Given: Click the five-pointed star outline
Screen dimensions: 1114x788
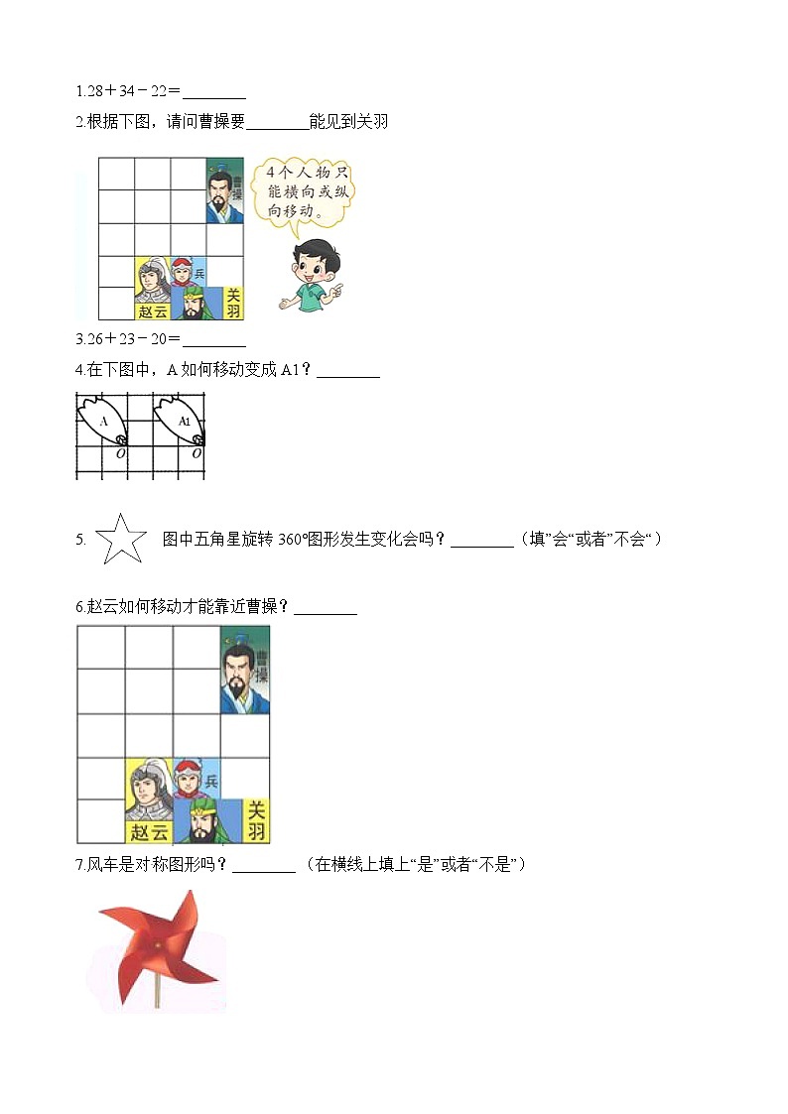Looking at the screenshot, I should coord(119,540).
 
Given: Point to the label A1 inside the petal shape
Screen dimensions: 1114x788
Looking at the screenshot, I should coord(184,421).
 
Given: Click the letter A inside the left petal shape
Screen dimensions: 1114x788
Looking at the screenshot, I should coord(104,421).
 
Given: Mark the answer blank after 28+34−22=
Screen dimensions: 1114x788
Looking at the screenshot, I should coord(214,92).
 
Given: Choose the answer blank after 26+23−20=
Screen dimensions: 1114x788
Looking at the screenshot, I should coord(214,339).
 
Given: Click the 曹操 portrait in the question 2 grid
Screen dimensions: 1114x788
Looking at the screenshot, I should coord(225,189).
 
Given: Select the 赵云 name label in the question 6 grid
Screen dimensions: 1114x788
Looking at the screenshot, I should coord(149,832).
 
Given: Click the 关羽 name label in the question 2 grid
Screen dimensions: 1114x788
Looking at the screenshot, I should coord(233,303).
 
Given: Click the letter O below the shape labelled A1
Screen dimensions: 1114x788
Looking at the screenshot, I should coord(197,453).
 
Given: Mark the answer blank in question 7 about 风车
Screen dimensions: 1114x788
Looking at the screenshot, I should coord(263,865).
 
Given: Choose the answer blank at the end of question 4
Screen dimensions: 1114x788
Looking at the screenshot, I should coord(347,371).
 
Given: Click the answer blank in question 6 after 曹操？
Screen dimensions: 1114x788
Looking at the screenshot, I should coord(326,608).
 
